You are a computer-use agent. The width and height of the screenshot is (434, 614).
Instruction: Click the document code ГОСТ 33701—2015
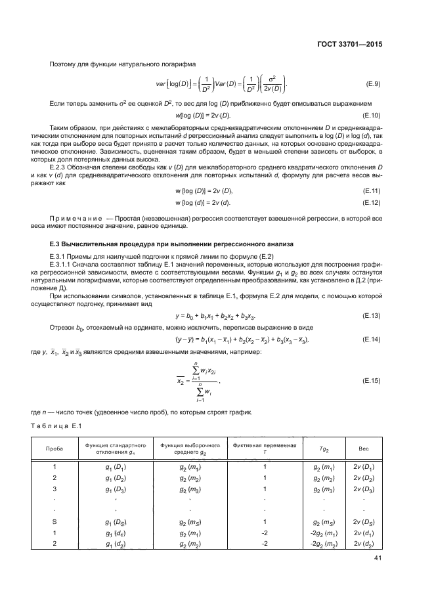[x=349, y=45]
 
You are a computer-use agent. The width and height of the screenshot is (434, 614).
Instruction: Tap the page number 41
[x=378, y=559]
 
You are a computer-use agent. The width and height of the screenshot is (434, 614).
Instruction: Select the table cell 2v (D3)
[x=363, y=489]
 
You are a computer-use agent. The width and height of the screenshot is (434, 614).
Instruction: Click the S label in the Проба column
[x=55, y=521]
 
